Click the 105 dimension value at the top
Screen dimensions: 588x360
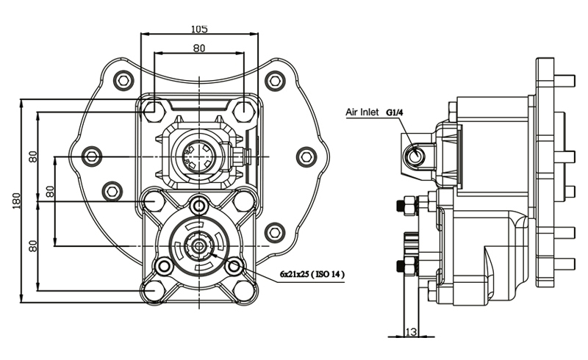[199, 29]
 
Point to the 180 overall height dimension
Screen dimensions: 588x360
[16, 201]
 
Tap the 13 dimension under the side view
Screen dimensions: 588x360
[411, 331]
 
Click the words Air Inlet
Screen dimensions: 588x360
[362, 112]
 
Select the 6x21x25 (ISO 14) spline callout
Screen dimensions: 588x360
[312, 274]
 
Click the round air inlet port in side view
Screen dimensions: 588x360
[415, 155]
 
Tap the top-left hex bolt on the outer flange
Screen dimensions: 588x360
[123, 80]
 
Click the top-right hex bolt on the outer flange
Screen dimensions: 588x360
[275, 80]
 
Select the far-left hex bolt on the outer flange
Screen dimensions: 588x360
[91, 156]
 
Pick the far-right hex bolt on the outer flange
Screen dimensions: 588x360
[306, 156]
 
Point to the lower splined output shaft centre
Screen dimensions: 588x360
[198, 245]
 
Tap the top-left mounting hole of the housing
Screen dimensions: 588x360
[154, 109]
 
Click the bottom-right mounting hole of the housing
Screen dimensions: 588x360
[244, 290]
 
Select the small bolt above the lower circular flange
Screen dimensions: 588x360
[198, 205]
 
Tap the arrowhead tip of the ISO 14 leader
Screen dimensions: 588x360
[211, 254]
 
